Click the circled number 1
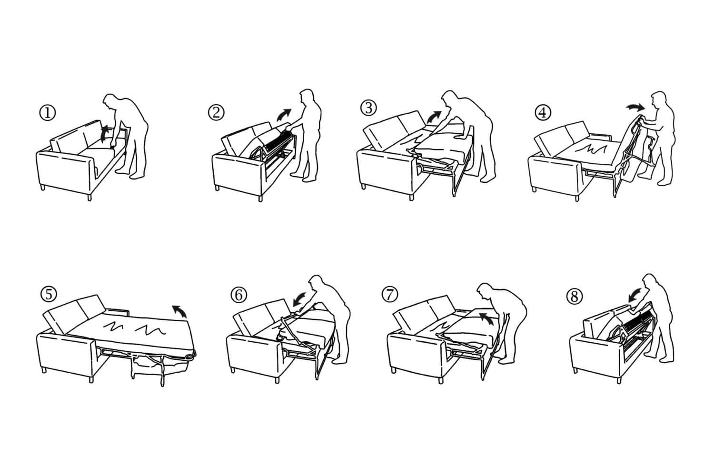(x=48, y=113)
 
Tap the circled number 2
(x=216, y=112)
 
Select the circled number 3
(x=368, y=108)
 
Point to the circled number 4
(x=543, y=112)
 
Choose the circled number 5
(x=49, y=294)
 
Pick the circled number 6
(x=239, y=295)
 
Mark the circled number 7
(x=390, y=294)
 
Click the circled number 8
(x=574, y=297)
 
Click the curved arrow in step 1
(x=105, y=133)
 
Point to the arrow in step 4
(x=635, y=108)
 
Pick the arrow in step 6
(x=299, y=299)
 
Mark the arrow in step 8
(x=635, y=295)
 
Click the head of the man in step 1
(x=111, y=102)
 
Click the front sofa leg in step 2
(x=260, y=198)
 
